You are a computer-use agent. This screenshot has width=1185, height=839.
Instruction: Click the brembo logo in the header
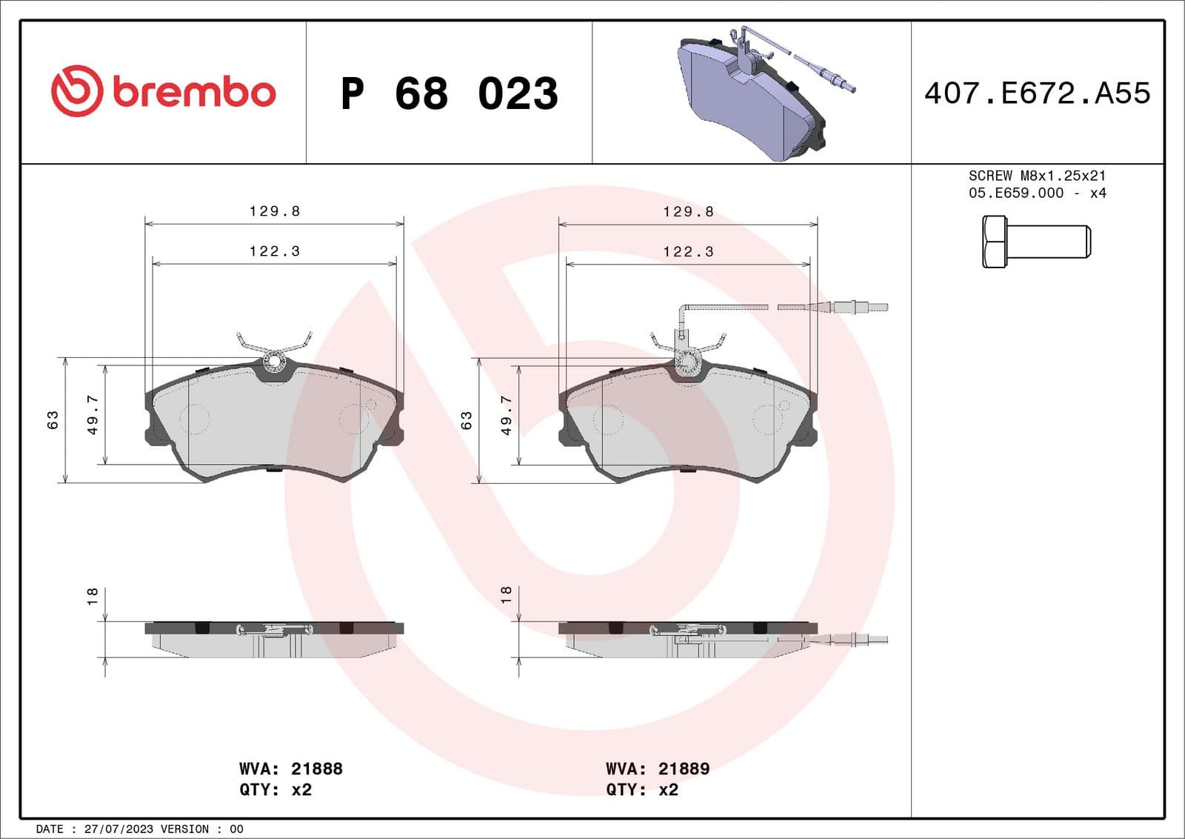pos(163,91)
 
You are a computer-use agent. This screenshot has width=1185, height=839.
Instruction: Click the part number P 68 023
pos(449,93)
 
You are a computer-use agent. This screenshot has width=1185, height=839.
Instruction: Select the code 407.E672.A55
pos(1037,93)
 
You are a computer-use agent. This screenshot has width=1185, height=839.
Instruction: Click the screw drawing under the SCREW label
pos(1035,242)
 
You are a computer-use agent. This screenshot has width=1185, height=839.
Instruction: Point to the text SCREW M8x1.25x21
pos(1037,176)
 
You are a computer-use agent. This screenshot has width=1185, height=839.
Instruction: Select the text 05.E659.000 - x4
pos(1037,193)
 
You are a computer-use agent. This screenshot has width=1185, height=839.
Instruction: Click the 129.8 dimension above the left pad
pos(274,211)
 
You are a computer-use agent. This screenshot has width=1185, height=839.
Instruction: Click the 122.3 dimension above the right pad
pos(688,252)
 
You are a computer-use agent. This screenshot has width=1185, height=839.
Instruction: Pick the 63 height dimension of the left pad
pos(53,419)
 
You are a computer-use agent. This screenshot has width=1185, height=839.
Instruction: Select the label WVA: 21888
pos(290,769)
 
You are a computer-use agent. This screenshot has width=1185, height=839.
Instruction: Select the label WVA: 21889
pos(658,769)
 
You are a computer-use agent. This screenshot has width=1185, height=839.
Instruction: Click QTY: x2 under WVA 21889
pos(641,789)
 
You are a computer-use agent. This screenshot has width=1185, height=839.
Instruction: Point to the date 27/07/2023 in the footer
pos(118,829)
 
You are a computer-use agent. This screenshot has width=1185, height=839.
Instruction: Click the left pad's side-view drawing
pos(274,638)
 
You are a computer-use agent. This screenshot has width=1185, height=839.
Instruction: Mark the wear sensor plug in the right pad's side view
pos(859,640)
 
